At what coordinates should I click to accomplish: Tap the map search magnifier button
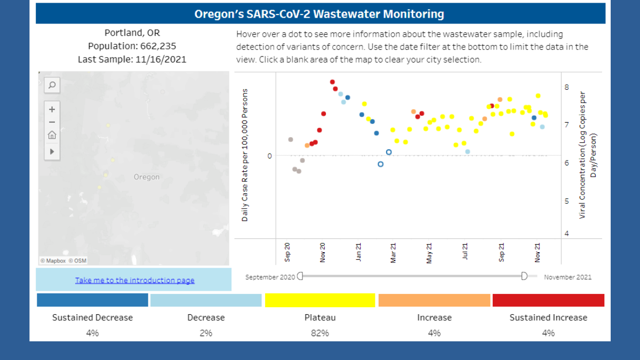click(x=52, y=85)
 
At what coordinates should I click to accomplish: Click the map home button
click(x=52, y=135)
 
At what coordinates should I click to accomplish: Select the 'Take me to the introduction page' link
click(x=134, y=280)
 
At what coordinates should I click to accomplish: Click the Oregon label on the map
click(x=146, y=177)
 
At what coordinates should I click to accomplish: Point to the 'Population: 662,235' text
click(x=132, y=46)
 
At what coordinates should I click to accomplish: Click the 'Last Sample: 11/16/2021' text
click(x=132, y=59)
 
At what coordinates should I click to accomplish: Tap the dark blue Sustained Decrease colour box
click(x=92, y=300)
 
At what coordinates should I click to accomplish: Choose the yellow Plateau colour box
click(x=320, y=300)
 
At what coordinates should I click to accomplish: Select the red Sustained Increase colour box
click(x=548, y=300)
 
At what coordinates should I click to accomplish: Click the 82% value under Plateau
click(x=320, y=333)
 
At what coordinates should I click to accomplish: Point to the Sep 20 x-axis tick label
click(x=288, y=252)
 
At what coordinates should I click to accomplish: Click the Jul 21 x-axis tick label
click(x=466, y=252)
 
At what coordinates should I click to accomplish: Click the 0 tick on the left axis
click(x=269, y=156)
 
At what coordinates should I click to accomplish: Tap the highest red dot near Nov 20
click(x=332, y=82)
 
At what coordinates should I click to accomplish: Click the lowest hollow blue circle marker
click(x=380, y=164)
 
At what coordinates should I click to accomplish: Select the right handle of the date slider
click(x=524, y=276)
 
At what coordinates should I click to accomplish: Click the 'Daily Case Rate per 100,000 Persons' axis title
click(x=245, y=155)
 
